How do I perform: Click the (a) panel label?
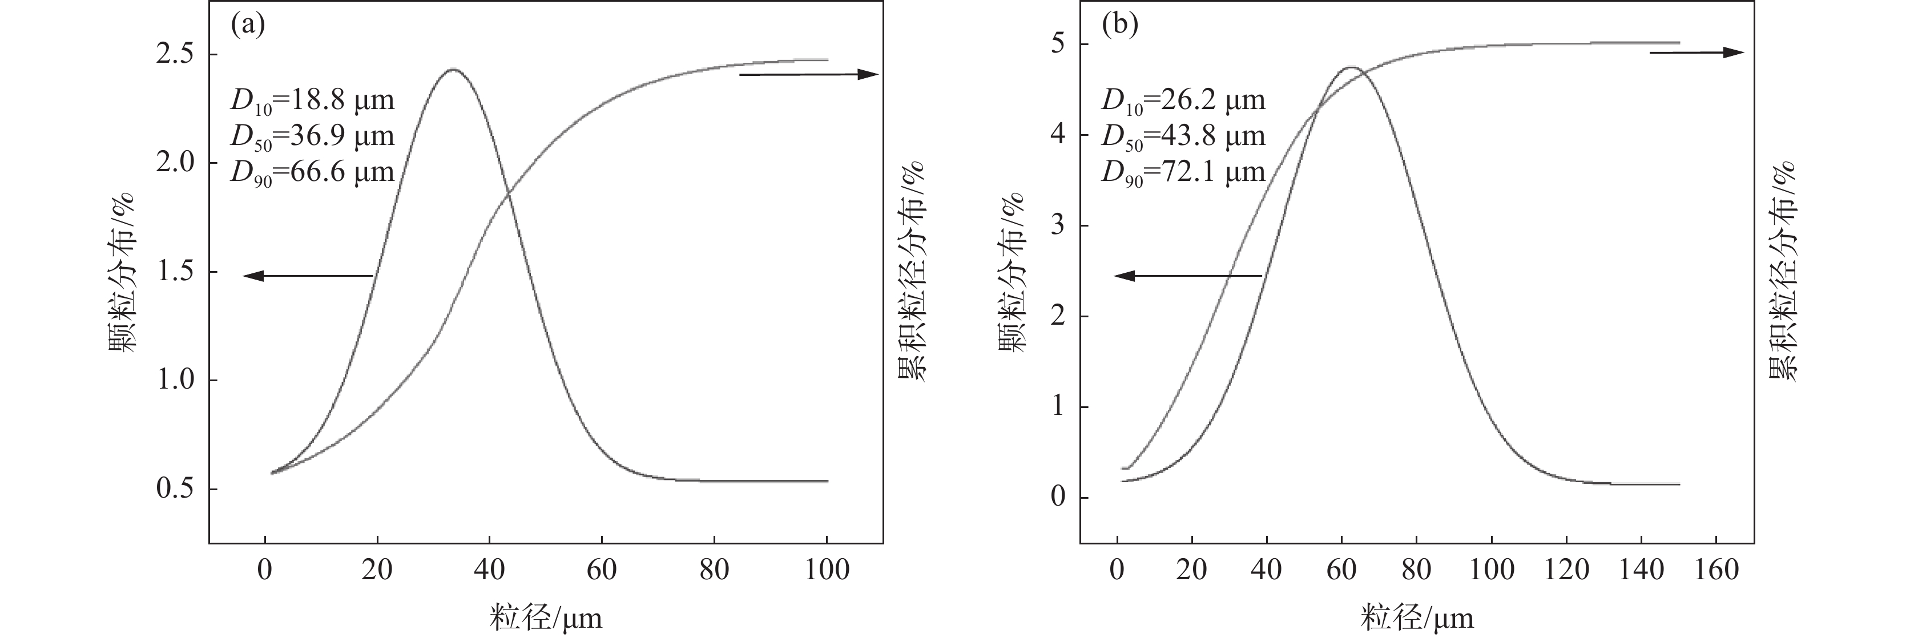[x=248, y=25]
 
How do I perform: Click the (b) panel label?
[x=1119, y=25]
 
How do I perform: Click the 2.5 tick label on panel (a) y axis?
[x=175, y=55]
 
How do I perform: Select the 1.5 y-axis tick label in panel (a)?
[x=175, y=272]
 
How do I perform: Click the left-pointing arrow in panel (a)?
[x=308, y=276]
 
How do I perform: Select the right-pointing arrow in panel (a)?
[x=809, y=74]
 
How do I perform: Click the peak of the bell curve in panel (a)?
[x=454, y=70]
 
